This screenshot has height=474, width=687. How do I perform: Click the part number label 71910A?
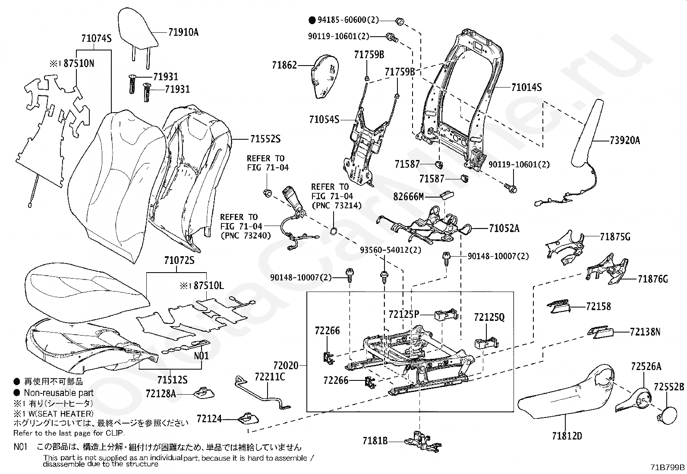click(183, 32)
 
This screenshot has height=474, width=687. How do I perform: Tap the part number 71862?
click(285, 65)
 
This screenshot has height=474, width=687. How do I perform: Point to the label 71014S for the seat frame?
click(526, 88)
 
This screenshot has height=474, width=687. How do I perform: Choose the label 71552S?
click(265, 139)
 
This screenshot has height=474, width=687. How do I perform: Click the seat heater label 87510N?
click(79, 63)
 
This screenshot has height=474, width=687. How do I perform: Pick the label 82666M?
click(408, 197)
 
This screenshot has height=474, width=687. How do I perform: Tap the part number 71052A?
click(504, 229)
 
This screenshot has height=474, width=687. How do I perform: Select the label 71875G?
click(615, 237)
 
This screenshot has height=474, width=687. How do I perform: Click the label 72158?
click(599, 306)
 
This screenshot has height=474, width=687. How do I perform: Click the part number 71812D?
click(567, 436)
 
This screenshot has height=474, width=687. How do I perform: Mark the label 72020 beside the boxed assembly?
click(286, 365)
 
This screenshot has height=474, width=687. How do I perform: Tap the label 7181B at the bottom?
click(375, 441)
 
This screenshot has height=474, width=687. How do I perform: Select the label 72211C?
click(270, 377)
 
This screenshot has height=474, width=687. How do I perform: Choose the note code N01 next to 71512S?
click(201, 356)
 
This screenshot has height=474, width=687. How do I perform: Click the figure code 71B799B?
click(668, 467)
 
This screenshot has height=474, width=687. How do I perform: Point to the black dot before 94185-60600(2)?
click(312, 20)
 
